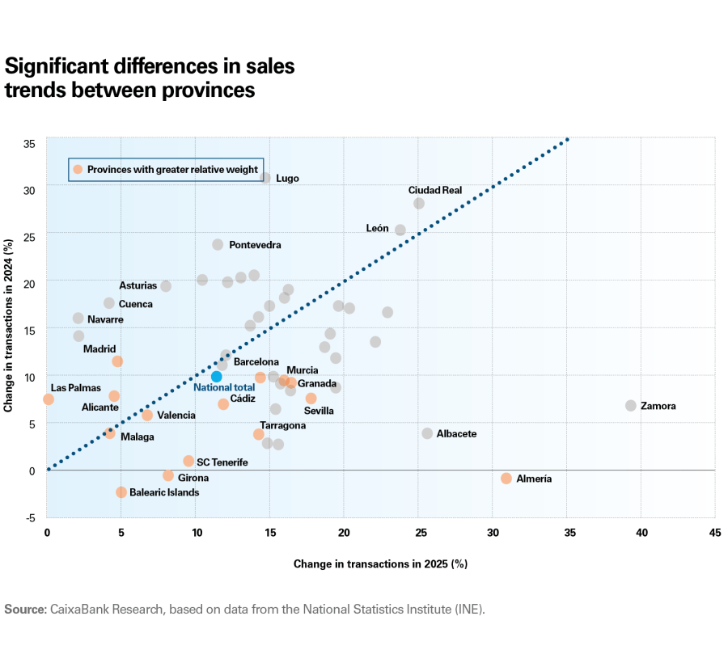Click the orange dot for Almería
click(x=506, y=479)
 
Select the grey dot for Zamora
click(x=631, y=405)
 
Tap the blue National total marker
click(x=216, y=377)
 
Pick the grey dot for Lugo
click(x=265, y=177)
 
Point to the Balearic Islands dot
click(x=121, y=492)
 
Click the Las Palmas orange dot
click(x=49, y=399)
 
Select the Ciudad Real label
click(x=434, y=190)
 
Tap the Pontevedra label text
click(x=255, y=244)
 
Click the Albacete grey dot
click(x=427, y=433)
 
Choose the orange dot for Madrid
click(x=117, y=361)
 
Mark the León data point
click(x=400, y=230)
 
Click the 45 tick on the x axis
click(x=715, y=534)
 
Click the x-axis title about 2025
click(x=380, y=563)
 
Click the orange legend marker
click(x=78, y=169)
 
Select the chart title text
click(x=150, y=78)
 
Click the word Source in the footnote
click(x=25, y=609)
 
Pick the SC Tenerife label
click(x=222, y=462)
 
